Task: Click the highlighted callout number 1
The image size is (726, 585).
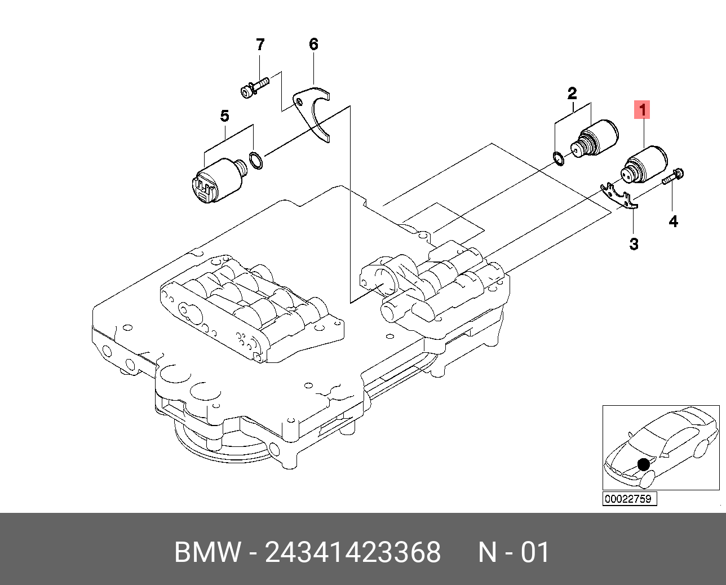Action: pos(642,109)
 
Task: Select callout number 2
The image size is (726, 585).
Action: pos(572,93)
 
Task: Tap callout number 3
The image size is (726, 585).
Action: pos(634,244)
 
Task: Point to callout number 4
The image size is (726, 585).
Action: pos(674,221)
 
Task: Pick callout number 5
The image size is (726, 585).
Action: pos(224,116)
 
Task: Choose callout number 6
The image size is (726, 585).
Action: pos(313,45)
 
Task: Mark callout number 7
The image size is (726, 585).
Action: pos(260,45)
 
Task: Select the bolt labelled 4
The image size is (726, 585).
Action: pos(672,177)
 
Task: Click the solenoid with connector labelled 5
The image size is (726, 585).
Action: pos(217,180)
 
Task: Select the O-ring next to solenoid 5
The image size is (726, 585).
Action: pos(256,161)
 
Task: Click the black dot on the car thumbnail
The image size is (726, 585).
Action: pos(643,464)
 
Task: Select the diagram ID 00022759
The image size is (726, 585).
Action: pos(629,499)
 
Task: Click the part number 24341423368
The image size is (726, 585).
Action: pos(353,552)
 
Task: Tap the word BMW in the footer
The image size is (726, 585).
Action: pos(207,552)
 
